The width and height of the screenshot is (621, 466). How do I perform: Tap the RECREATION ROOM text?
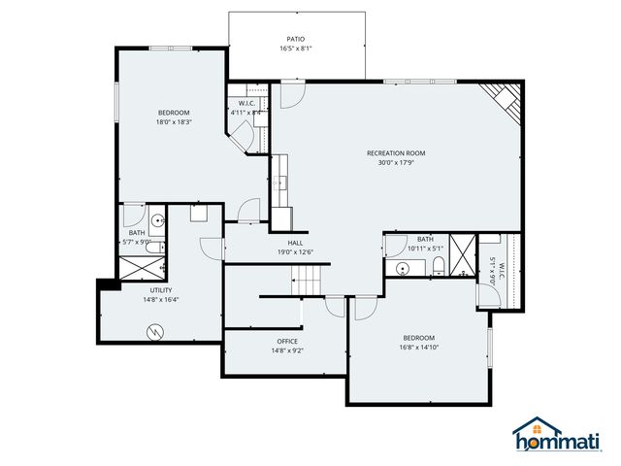[x=395, y=152]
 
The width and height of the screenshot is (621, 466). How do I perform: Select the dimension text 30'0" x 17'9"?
[x=395, y=163]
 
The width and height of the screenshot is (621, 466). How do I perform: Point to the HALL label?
[x=296, y=243]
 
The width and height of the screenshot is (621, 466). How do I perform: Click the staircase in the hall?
[x=308, y=283]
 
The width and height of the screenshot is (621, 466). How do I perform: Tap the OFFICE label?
[x=286, y=341]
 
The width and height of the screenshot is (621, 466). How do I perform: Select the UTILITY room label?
[x=161, y=290]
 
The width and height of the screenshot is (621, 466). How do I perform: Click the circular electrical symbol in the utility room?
[x=152, y=332]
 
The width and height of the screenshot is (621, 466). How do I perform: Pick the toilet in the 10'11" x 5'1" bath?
[x=439, y=265]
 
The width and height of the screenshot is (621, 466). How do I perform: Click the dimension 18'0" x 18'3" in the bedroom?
[x=173, y=122]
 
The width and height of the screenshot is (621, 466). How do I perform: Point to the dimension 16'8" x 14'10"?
[x=419, y=347]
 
